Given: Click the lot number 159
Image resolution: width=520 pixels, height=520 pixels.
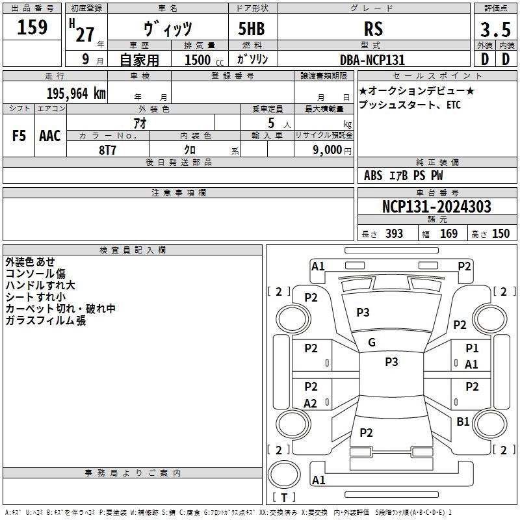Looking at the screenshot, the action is pyautogui.click(x=32, y=27).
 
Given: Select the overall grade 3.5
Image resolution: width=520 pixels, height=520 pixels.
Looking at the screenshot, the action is pyautogui.click(x=495, y=29).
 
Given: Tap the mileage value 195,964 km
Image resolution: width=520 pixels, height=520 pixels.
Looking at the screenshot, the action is pyautogui.click(x=76, y=94).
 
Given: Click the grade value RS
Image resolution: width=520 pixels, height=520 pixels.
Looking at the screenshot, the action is pyautogui.click(x=373, y=29).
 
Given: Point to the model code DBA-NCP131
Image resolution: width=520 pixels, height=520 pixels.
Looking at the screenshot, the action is pyautogui.click(x=372, y=60).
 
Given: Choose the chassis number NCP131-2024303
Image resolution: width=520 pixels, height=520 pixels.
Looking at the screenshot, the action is pyautogui.click(x=436, y=207).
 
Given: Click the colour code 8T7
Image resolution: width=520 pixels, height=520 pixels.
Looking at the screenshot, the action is pyautogui.click(x=107, y=150).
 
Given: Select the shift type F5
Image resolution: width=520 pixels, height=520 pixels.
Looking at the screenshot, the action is pyautogui.click(x=19, y=136).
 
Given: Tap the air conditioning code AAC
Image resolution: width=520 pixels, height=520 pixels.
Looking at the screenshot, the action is pyautogui.click(x=50, y=136).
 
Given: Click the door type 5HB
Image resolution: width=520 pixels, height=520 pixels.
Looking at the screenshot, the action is pyautogui.click(x=252, y=29).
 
